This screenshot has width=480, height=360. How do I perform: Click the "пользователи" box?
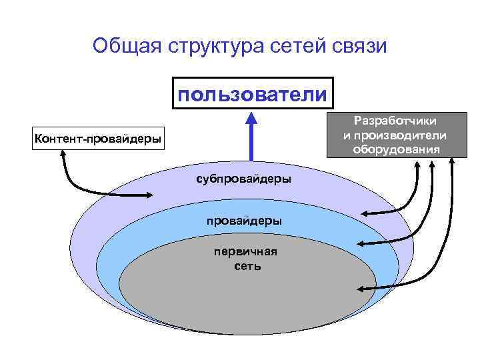click(x=252, y=94)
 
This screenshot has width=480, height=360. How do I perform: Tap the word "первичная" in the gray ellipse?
click(x=245, y=251)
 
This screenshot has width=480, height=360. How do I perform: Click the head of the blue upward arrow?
click(x=251, y=119)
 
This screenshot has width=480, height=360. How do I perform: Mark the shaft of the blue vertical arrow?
click(x=251, y=143)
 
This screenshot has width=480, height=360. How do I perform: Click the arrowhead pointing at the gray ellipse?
click(x=361, y=289)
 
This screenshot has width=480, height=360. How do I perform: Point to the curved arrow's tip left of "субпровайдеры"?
click(x=153, y=195)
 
